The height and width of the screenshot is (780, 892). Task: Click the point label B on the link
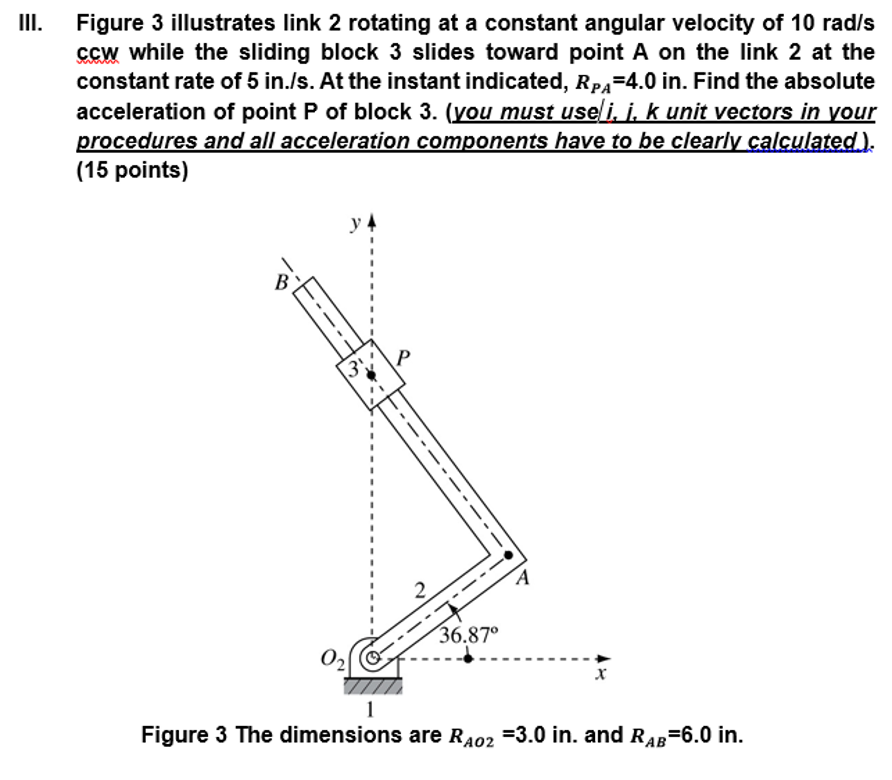pos(282,283)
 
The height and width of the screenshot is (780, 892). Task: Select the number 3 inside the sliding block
pos(353,369)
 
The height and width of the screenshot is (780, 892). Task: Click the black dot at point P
pos(371,375)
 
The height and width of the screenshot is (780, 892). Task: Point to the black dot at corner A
pos(508,555)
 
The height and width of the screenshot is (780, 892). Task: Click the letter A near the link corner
pos(522,578)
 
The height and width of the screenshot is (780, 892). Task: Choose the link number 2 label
pos(419,591)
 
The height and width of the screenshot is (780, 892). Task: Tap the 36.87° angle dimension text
pos(468,635)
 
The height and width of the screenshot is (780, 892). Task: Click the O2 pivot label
pos(333,659)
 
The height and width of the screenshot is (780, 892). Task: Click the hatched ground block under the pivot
pos(373,686)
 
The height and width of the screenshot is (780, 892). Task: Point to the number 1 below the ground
pos(370,710)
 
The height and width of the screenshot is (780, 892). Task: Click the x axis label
pos(601,674)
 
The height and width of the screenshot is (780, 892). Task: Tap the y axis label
pos(356,223)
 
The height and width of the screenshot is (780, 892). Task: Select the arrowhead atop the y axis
pos(371,221)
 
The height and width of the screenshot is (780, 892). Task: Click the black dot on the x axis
pos(468,659)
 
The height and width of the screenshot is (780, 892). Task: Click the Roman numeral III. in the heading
pos(31,23)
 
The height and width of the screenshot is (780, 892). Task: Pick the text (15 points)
pos(132,170)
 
